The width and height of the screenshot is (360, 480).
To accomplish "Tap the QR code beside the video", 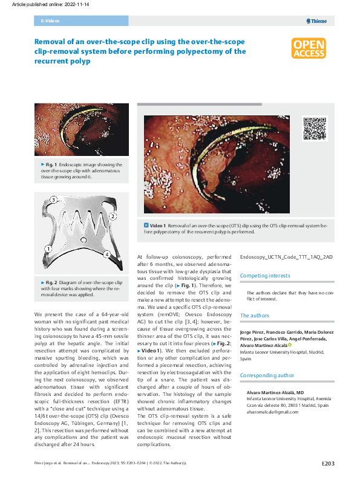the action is [x=313, y=128].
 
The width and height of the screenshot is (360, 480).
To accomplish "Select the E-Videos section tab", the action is [x=50, y=21].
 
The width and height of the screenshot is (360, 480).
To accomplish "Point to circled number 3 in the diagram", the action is [x=54, y=199].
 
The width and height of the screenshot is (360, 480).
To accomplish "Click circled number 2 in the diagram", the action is [x=113, y=216].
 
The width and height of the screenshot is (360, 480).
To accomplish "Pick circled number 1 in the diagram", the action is [x=47, y=248].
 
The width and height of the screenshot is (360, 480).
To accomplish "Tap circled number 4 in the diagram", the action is [x=106, y=255].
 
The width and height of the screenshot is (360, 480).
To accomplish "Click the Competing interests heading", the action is [x=264, y=276].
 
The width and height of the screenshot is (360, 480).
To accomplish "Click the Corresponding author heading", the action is [x=267, y=375].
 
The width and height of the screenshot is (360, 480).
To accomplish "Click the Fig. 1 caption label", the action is [x=50, y=164].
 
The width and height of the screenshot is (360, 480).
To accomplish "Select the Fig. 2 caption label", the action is [x=50, y=283].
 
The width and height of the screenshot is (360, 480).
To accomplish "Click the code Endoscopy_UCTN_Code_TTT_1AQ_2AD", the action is [x=286, y=257].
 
